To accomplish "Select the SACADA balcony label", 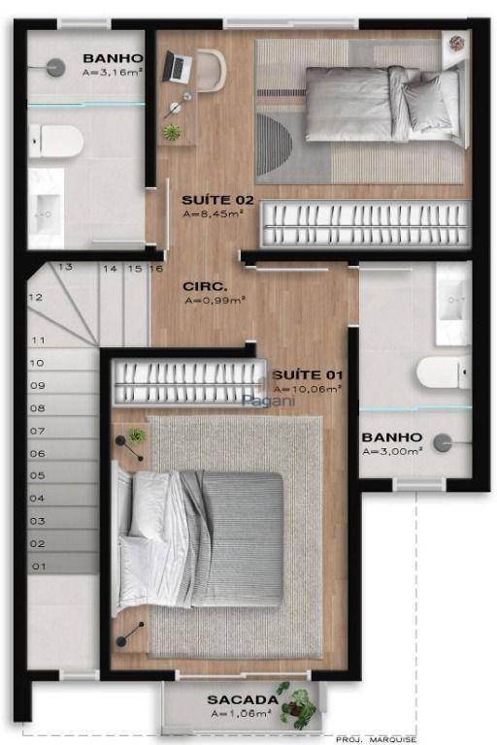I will coord(243,698).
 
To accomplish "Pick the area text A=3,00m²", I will coord(391,451).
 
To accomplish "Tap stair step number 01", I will coord(39,565).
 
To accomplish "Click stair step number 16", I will coord(155,269).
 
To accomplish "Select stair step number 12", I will coord(36,298).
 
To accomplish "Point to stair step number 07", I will coord(38,431).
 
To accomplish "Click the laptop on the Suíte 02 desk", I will coord(177,66).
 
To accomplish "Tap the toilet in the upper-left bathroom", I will coord(56,142).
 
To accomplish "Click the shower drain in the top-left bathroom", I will coord(55,67).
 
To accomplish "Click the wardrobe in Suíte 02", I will coord(367,224).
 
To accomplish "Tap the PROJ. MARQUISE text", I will coord(379,739).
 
